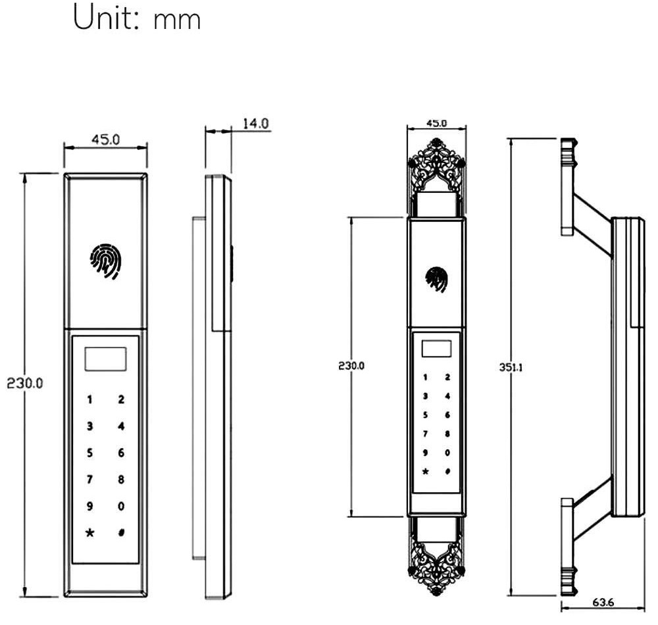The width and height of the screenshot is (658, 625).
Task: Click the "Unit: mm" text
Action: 137,17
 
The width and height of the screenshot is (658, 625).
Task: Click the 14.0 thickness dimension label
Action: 255,123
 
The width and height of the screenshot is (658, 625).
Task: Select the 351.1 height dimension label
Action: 511,367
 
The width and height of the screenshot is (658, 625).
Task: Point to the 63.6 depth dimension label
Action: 603,602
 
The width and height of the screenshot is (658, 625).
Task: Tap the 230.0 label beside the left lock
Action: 25,383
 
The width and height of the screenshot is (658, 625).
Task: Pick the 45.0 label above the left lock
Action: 105,139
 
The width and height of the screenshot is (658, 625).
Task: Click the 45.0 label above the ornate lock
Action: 436,123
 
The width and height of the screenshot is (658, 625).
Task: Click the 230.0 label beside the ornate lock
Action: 351,365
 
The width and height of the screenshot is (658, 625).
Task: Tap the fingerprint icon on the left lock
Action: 105,261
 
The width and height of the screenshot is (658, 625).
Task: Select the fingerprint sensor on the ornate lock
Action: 436,279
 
